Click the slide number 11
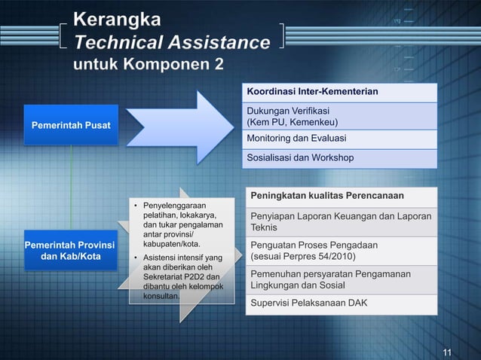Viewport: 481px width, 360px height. [447, 352]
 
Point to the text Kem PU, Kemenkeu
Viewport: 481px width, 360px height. [293, 123]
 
